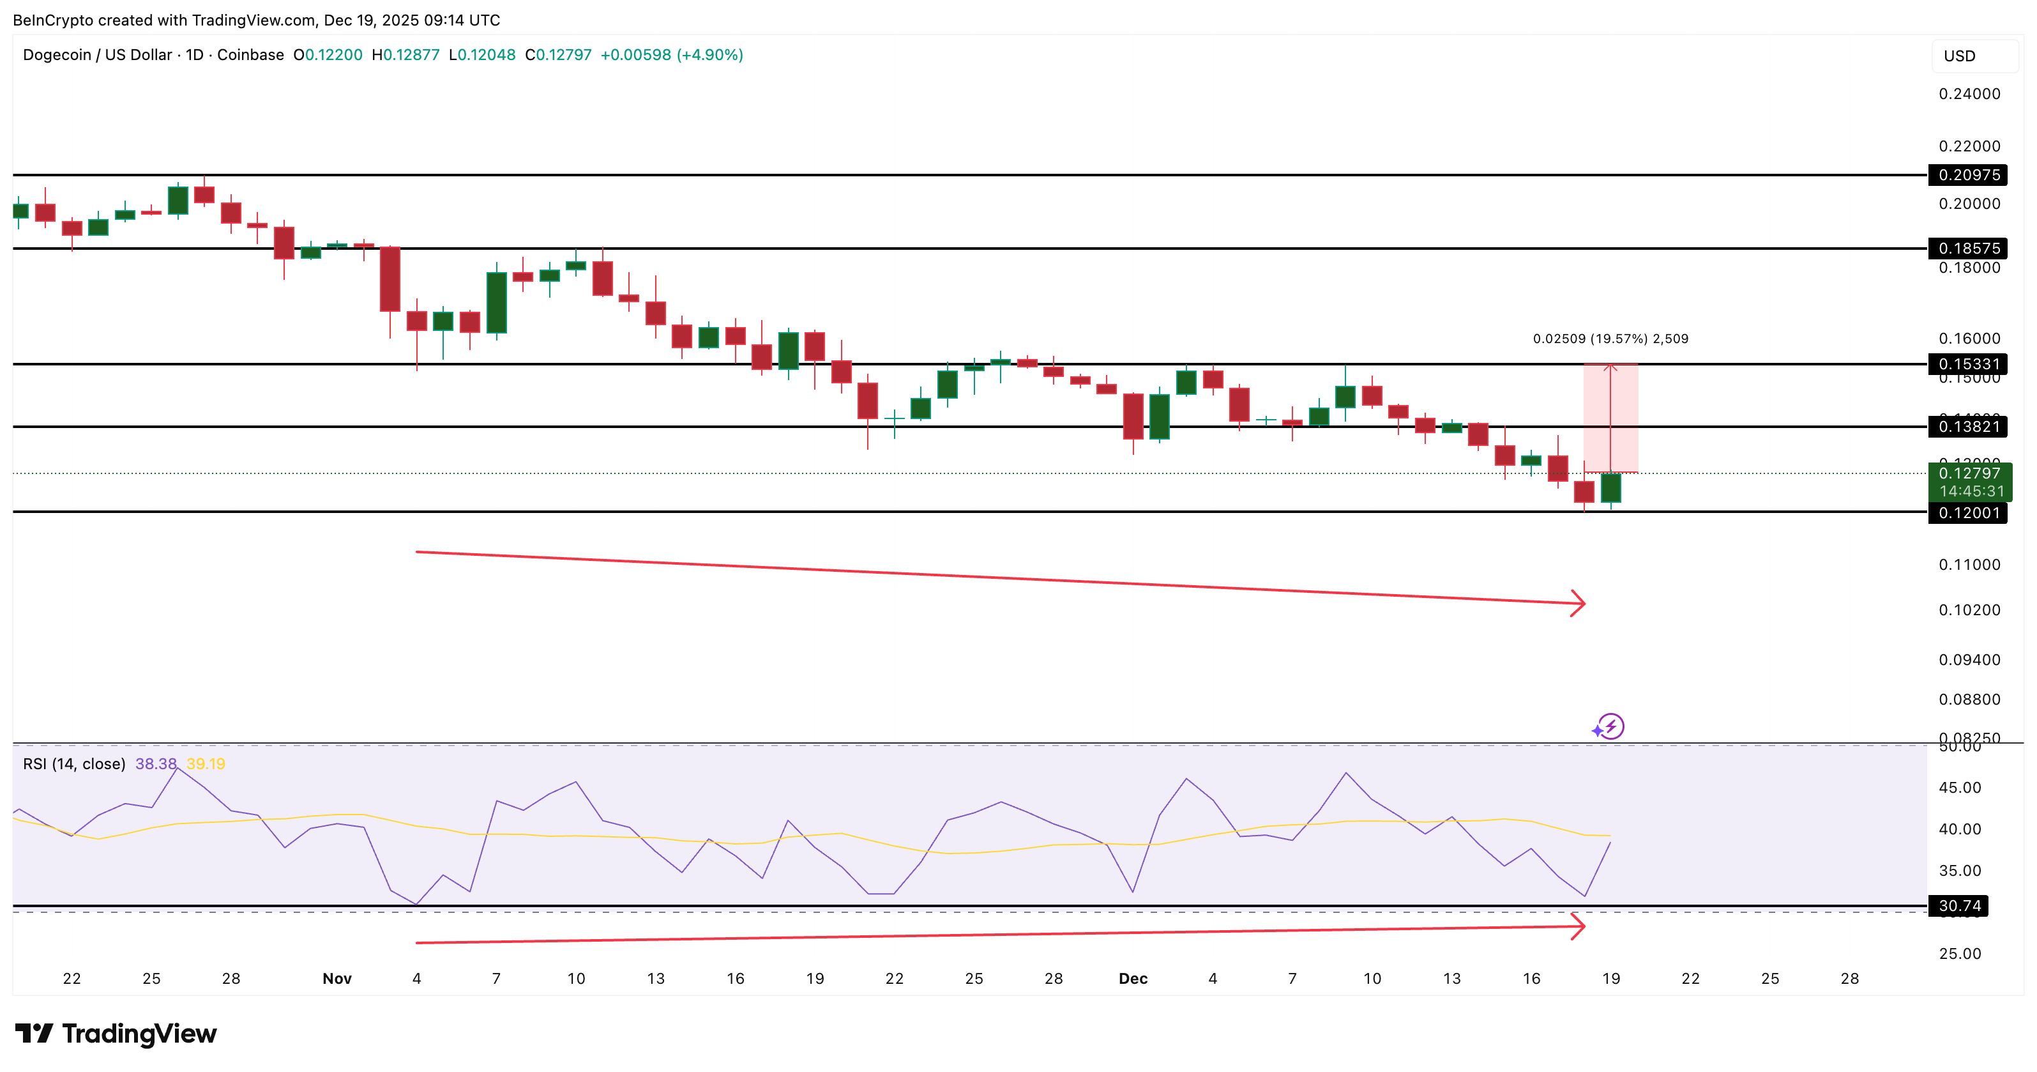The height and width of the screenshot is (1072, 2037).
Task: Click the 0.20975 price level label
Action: coord(1968,175)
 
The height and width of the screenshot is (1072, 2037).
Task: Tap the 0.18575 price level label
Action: coord(1968,249)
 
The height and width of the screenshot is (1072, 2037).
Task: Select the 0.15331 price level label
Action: coord(1968,364)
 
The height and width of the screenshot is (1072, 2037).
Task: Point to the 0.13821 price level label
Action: coord(1968,426)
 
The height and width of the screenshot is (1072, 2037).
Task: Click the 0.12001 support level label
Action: coord(1968,512)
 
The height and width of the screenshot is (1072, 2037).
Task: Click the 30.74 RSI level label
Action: coord(1958,906)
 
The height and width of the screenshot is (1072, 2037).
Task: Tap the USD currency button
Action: coord(1960,56)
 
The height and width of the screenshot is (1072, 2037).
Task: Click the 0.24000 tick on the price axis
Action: coord(1968,94)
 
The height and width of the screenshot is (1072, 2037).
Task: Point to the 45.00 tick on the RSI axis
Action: coord(1960,787)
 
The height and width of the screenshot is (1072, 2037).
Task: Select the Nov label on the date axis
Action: coord(337,979)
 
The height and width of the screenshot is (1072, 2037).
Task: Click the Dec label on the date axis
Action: coord(1132,979)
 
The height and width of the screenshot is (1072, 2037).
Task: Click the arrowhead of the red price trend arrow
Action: coord(1579,604)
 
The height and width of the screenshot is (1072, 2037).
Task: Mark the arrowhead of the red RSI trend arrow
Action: coord(1579,926)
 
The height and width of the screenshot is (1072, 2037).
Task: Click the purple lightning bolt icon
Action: coord(1610,726)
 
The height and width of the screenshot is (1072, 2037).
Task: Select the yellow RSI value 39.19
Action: coord(206,763)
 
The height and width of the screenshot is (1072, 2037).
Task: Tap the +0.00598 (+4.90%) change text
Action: coord(671,54)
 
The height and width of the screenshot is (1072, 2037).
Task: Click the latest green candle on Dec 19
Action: coord(1611,487)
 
